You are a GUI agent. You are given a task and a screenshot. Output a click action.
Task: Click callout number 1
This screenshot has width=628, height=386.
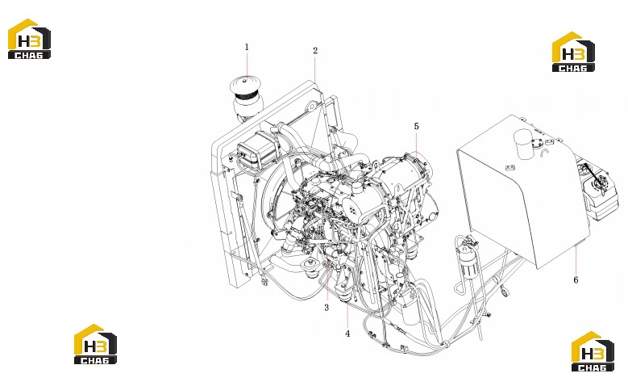pos(247,47)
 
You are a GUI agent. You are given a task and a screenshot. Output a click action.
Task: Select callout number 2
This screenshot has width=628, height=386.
pos(315,51)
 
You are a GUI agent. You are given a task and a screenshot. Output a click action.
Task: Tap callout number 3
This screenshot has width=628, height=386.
pos(326,308)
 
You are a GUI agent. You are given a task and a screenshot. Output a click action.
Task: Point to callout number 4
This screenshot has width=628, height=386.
pos(347,334)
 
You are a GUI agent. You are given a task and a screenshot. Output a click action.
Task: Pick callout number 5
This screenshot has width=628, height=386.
pos(417,127)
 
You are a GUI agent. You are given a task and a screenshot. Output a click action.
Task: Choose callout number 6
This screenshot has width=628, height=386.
pos(576,279)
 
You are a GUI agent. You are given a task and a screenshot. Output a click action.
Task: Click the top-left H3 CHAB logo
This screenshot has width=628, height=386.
pos(29,39)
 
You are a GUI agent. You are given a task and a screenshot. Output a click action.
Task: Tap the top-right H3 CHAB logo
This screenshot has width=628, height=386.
pos(573,52)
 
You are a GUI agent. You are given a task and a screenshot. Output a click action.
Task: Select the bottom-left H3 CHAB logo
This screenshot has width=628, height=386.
pos(95,344)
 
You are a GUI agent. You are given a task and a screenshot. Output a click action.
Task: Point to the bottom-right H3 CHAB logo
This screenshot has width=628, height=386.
pos(593,351)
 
